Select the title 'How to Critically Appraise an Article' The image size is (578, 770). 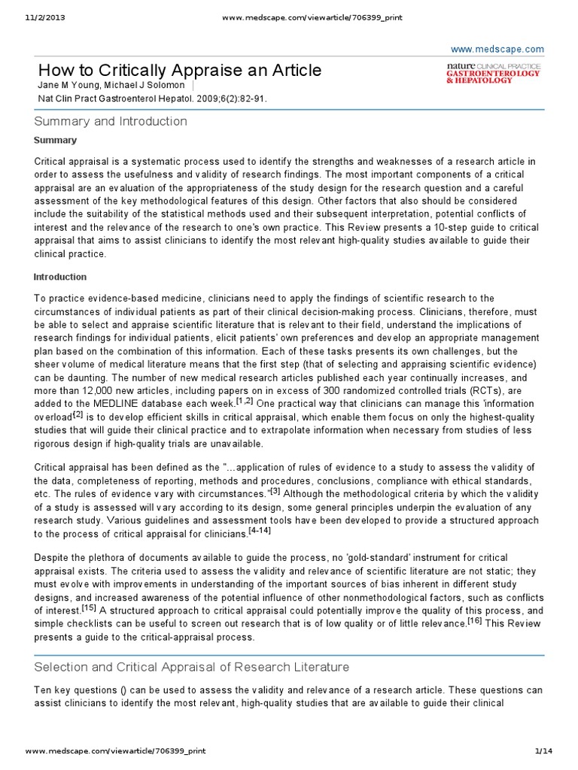coord(180,71)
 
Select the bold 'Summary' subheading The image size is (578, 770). coord(55,141)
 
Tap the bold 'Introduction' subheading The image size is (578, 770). coord(60,277)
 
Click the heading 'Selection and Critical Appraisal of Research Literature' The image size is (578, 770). coord(192,667)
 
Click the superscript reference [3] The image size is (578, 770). coord(275,491)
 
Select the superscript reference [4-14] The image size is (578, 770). coord(260,531)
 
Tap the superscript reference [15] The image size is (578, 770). coord(88,607)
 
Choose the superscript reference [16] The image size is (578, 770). coord(474,620)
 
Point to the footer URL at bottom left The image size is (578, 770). coord(115,751)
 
